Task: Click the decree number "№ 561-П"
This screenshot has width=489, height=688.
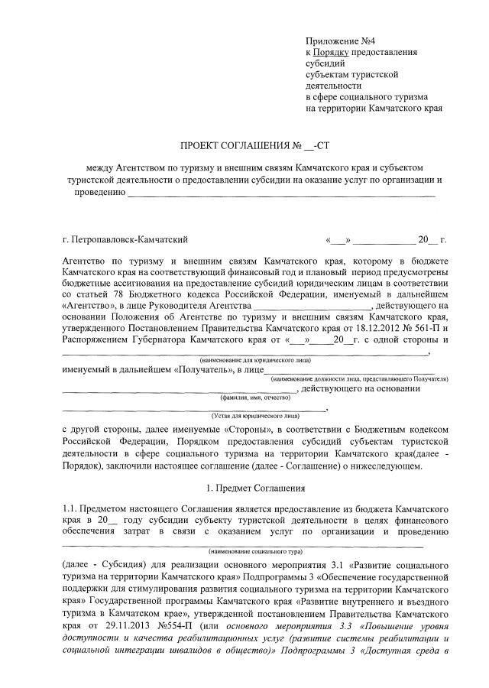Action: pyautogui.click(x=414, y=326)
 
